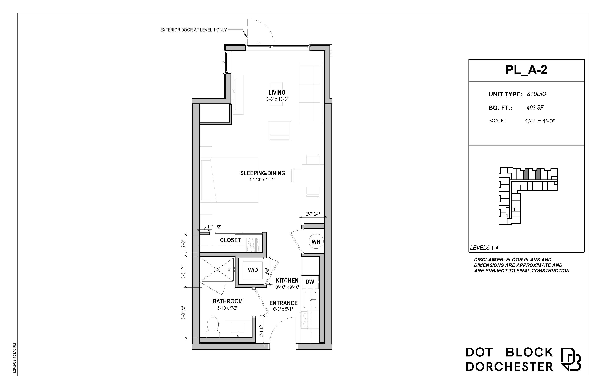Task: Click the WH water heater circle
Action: coord(316,242)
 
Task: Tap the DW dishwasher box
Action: coord(310,282)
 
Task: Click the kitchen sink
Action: coord(310,300)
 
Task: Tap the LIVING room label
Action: coord(277,92)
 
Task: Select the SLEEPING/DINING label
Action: coord(263,173)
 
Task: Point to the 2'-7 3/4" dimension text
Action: coord(313,214)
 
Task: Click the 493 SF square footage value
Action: coord(535,108)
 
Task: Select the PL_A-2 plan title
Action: coord(526,70)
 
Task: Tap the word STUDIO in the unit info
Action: coord(536,94)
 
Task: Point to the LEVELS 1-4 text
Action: coord(484,248)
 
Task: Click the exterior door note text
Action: coord(194,30)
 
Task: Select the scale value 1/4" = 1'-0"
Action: coord(540,121)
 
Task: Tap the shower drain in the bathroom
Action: coord(217,269)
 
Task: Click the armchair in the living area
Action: coord(279,131)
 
